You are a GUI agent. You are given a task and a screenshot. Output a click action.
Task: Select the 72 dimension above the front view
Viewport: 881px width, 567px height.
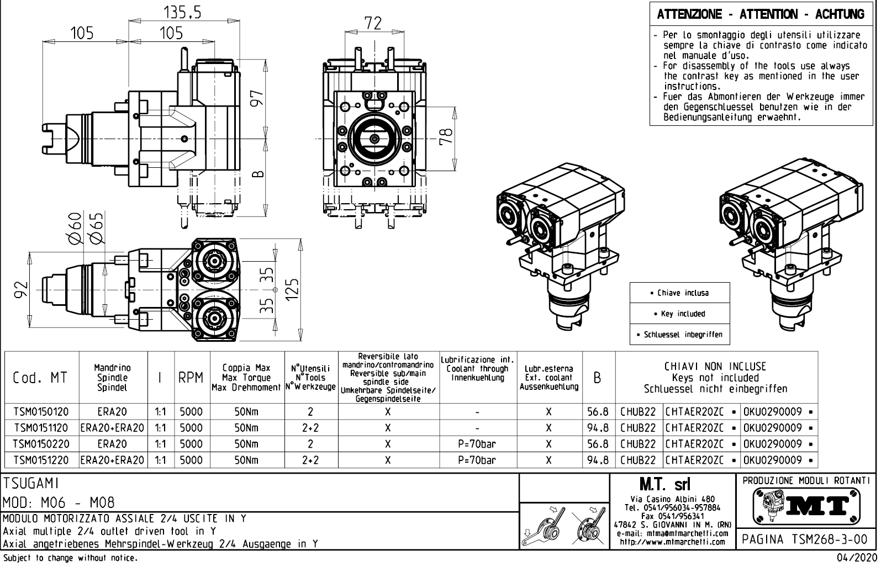coord(373,23)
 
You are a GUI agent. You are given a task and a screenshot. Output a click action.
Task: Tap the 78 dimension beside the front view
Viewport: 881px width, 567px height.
coord(446,135)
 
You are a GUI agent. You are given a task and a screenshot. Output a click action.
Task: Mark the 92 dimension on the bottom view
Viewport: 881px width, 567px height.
coord(20,289)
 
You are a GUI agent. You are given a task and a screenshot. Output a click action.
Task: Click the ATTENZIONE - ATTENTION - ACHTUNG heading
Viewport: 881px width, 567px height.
coord(761,14)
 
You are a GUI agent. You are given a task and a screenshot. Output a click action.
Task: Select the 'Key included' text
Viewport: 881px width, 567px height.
coord(679,314)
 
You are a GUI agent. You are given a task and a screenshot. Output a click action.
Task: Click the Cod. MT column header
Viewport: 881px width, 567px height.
coord(40,378)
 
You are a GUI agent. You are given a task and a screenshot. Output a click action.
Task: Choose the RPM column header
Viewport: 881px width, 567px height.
coord(191,378)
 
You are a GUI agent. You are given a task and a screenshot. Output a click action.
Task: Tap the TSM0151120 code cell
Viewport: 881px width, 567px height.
coord(41,428)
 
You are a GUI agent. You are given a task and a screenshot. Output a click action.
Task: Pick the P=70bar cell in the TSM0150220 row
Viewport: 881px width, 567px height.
coord(477,444)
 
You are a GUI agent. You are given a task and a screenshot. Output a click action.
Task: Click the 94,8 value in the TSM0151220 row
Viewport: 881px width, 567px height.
coord(597,460)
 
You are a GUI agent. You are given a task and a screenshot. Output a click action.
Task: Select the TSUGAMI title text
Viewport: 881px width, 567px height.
coord(31,484)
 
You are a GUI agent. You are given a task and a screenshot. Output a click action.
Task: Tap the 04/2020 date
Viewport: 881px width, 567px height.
coord(856,558)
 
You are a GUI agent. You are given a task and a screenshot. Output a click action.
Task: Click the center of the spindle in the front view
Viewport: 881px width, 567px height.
coord(374,139)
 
